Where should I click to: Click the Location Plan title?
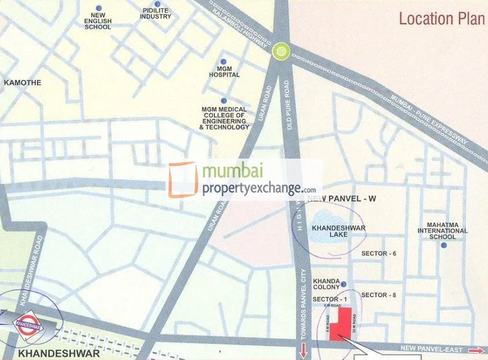(441, 19)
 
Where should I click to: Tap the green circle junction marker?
(282, 52)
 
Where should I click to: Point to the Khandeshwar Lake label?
(338, 232)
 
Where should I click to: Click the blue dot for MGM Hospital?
(223, 61)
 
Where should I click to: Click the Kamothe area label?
(23, 83)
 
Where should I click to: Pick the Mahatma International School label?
(443, 230)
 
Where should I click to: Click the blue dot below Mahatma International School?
(443, 245)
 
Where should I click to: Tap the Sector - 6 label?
(378, 254)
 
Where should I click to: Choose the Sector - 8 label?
(378, 295)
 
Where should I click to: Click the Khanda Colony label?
(326, 284)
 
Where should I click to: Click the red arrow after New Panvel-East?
(476, 350)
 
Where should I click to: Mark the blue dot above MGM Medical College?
(224, 101)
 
